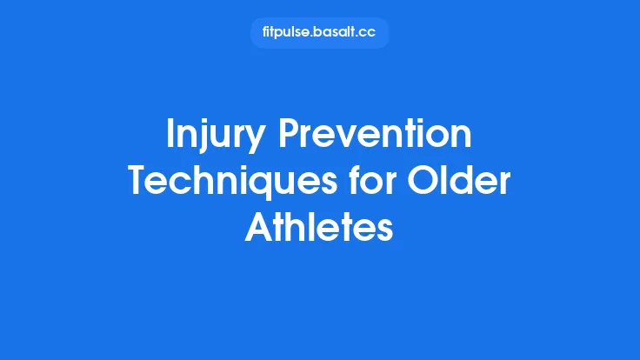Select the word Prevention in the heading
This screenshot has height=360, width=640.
377,137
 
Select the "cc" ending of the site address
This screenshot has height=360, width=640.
369,33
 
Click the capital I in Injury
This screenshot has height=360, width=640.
170,137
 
